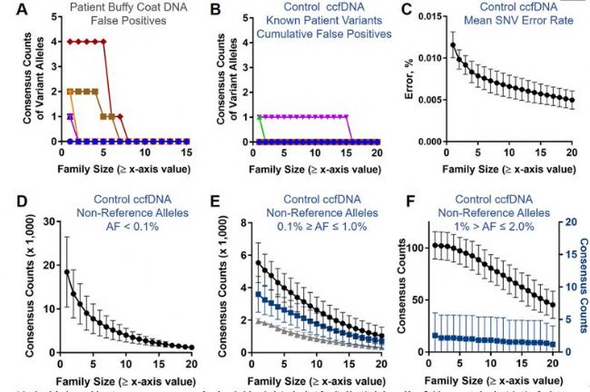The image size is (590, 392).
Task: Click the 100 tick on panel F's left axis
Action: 433,247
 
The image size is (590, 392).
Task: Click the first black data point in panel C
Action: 453,45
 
